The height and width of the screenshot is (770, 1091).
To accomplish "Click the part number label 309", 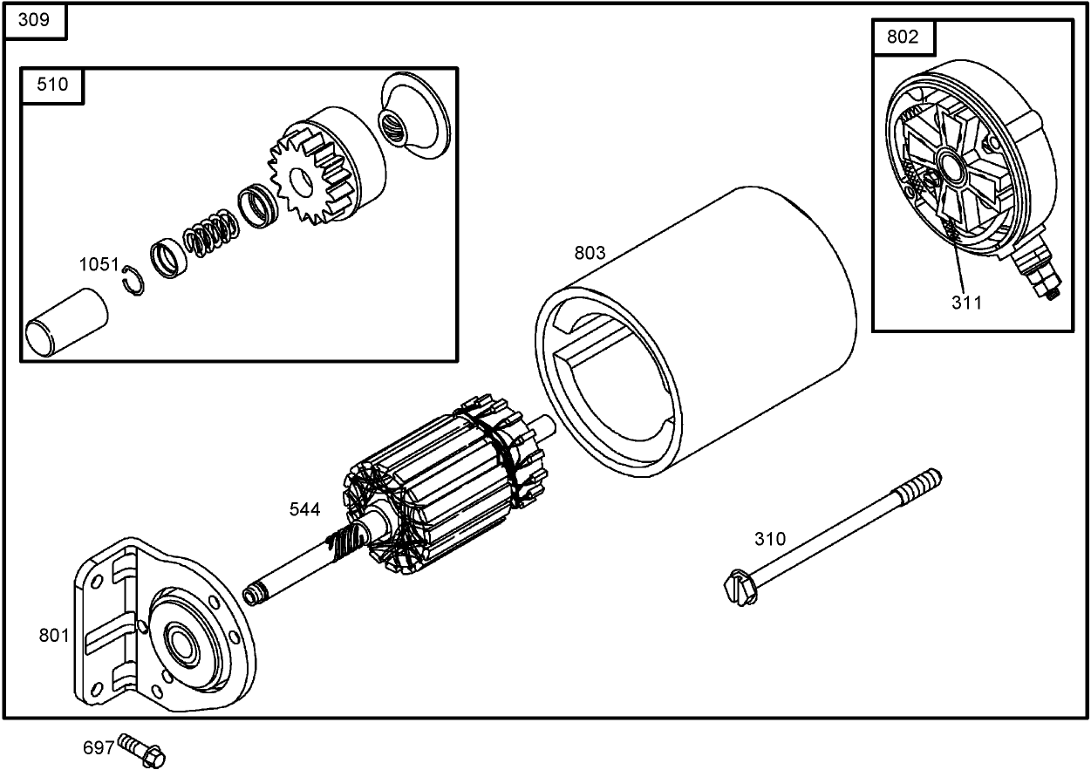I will coord(34,21).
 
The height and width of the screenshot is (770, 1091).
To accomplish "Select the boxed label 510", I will coord(52,85).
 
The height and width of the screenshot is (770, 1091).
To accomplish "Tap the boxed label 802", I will coord(902,37).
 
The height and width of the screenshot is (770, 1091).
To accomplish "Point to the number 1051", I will coord(99,264).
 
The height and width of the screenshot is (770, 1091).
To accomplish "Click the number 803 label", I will coord(590,253).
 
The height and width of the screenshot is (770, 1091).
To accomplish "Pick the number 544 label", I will coord(305,509).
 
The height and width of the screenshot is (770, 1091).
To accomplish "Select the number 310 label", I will coord(770,539).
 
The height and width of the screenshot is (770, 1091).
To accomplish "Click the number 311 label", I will coord(966,303).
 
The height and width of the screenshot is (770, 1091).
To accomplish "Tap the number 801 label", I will coord(54,635).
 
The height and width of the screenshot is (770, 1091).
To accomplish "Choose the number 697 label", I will coord(99,747).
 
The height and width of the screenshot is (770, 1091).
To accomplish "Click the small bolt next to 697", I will coord(143,747).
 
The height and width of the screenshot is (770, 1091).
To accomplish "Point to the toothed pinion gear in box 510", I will coord(301,181).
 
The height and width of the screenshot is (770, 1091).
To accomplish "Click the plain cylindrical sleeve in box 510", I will coord(65,324).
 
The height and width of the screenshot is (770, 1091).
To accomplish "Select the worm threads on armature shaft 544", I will coord(344,546).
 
